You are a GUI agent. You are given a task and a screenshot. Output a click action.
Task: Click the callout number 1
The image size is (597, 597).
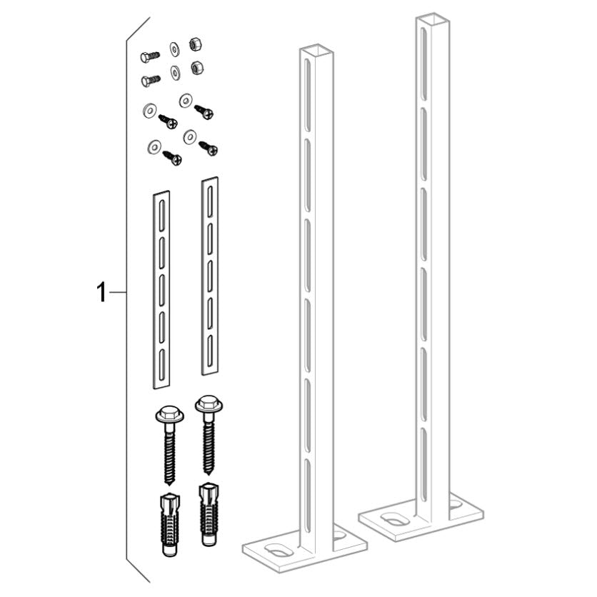(x=101, y=292)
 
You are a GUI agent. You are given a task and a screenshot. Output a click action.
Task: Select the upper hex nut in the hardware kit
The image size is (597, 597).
(x=196, y=44)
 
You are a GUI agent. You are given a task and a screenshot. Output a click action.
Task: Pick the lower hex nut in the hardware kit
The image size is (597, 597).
(x=196, y=68)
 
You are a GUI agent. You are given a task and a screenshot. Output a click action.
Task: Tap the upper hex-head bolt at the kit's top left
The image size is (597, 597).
(x=150, y=56)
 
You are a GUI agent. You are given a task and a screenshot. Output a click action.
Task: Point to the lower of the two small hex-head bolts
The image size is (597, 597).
(x=151, y=81)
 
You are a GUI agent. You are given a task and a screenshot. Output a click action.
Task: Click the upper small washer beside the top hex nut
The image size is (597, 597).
(x=175, y=49)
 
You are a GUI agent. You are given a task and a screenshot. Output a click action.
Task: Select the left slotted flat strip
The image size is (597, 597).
(x=161, y=289)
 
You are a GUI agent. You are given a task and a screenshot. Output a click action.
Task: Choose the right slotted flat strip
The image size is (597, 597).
(x=210, y=276)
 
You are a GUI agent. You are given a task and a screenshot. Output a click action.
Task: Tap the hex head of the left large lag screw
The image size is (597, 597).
(x=169, y=414)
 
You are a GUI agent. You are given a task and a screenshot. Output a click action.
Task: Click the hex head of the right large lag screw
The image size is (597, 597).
(x=209, y=404)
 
